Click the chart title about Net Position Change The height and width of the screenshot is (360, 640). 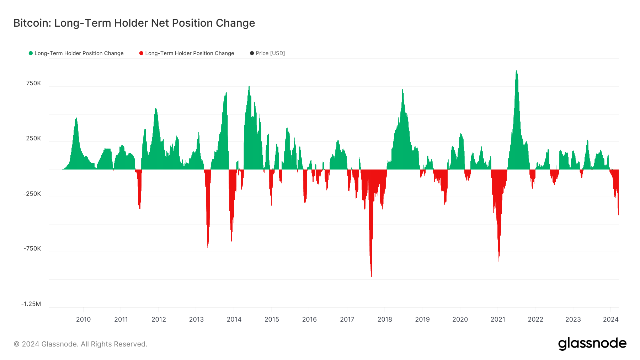[x=134, y=23]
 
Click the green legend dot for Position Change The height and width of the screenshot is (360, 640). [x=31, y=53]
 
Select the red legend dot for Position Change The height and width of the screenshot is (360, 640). [x=141, y=53]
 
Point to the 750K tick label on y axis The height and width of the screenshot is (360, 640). [x=33, y=84]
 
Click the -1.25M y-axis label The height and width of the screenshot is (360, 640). [x=31, y=304]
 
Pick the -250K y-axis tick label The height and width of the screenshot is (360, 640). [x=32, y=194]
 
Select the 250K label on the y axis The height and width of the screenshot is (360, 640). [x=33, y=139]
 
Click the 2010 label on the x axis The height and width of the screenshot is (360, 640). [x=83, y=319]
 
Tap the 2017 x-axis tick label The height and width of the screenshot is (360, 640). [x=347, y=319]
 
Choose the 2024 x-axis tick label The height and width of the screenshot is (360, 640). [x=610, y=319]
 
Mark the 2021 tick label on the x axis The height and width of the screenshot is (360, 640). [x=498, y=319]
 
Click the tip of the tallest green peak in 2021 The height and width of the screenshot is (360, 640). [x=517, y=71]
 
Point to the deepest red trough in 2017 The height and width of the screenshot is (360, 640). [x=372, y=276]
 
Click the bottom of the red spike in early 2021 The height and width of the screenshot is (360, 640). [x=499, y=260]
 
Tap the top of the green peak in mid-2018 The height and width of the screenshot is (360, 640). [x=402, y=90]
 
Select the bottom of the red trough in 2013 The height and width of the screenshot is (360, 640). [x=208, y=247]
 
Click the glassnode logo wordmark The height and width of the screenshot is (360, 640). [x=592, y=344]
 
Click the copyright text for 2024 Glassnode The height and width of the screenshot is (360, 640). [x=80, y=344]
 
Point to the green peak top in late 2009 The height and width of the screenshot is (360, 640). [x=76, y=118]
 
